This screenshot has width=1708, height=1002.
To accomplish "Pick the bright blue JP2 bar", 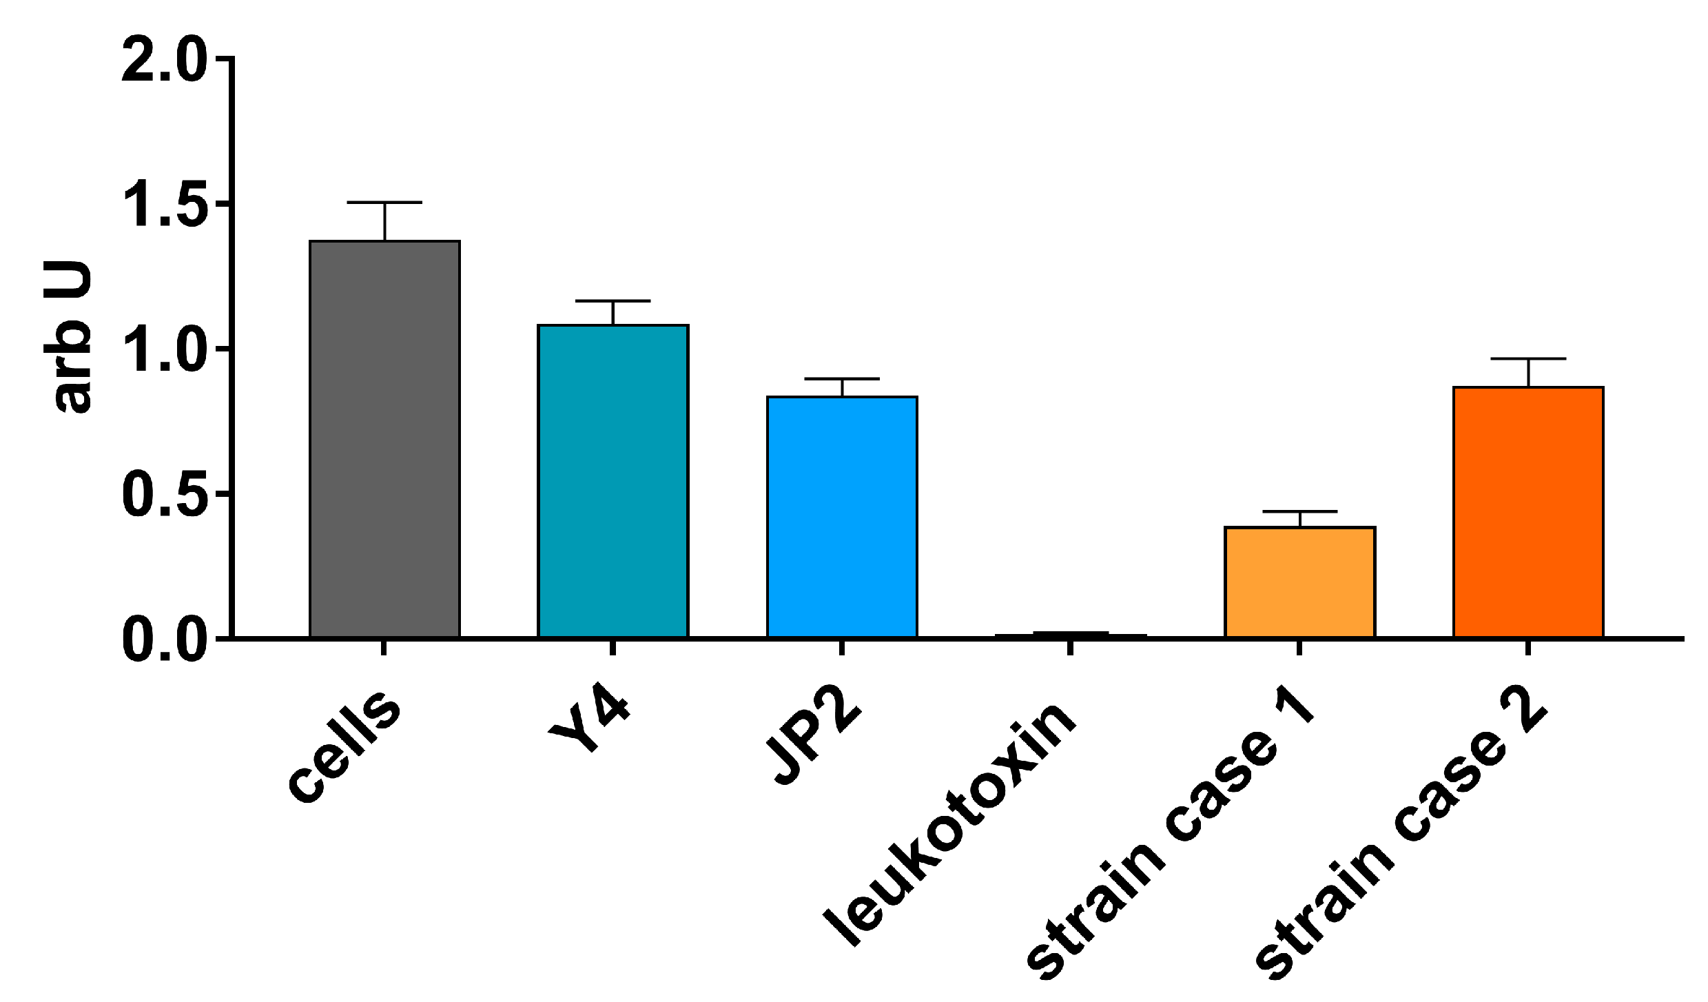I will pyautogui.click(x=842, y=517).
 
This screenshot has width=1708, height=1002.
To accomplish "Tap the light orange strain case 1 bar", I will pyautogui.click(x=1299, y=582).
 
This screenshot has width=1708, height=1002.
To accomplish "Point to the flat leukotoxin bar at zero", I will pyautogui.click(x=1071, y=635).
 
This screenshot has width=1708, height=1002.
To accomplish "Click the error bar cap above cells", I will pyautogui.click(x=384, y=203).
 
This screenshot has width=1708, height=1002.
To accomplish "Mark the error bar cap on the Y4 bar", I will pyautogui.click(x=613, y=301).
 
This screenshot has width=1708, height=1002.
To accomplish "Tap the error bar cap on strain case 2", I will pyautogui.click(x=1528, y=359).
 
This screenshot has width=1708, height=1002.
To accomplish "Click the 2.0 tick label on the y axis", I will pyautogui.click(x=163, y=61).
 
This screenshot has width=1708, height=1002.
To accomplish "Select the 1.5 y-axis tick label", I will pyautogui.click(x=163, y=205).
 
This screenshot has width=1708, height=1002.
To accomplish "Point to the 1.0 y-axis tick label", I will pyautogui.click(x=163, y=350).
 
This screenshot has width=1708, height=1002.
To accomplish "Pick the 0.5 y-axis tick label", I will pyautogui.click(x=163, y=495).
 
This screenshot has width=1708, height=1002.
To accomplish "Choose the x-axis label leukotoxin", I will pyautogui.click(x=949, y=824).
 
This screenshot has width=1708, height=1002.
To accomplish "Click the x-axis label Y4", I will pyautogui.click(x=590, y=726).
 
